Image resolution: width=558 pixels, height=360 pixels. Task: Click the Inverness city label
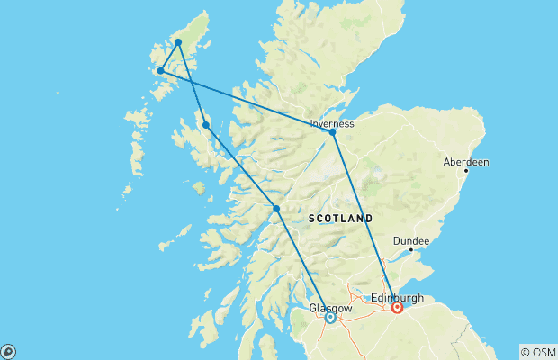click(332, 123)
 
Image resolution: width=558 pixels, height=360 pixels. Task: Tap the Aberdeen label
click(466, 162)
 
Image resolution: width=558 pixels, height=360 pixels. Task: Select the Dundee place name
click(410, 240)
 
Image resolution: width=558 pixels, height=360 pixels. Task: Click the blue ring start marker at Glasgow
click(330, 317)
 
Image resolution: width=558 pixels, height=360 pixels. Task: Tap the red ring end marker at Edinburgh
click(397, 307)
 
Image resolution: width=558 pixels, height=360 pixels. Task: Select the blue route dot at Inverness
click(333, 132)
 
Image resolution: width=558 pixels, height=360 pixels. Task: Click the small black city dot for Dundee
click(410, 250)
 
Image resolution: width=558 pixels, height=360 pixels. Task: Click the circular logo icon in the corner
click(8, 351)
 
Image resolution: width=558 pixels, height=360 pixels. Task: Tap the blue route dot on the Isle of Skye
click(206, 125)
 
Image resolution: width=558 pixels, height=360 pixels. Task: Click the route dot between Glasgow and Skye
click(276, 209)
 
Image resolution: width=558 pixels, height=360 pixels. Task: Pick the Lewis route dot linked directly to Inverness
click(161, 70)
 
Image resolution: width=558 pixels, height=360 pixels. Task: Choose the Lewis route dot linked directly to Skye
click(178, 42)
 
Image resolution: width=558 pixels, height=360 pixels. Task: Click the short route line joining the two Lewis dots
click(169, 57)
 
